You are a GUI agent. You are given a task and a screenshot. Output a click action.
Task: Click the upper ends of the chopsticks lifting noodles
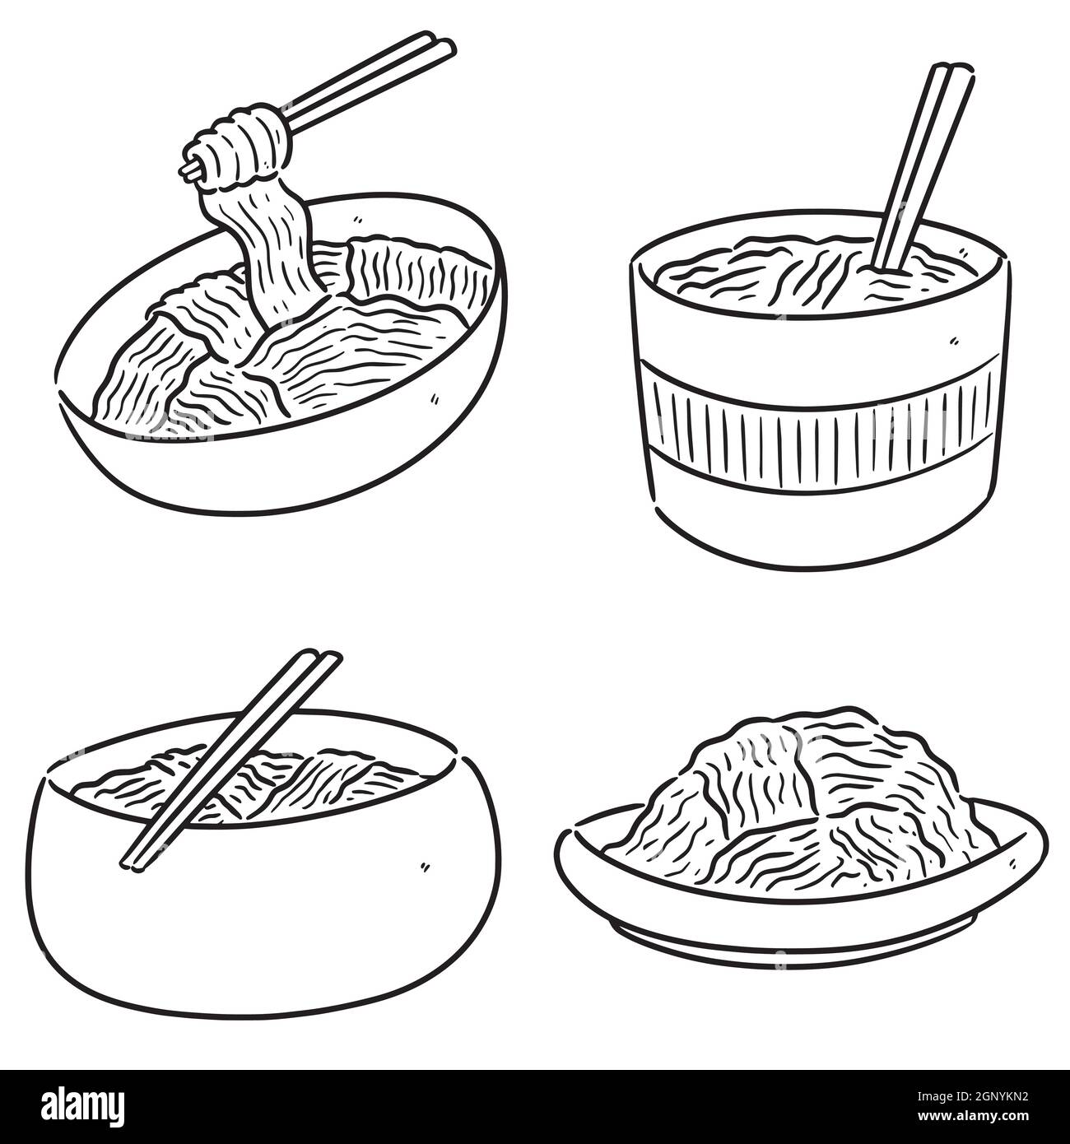436,43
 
